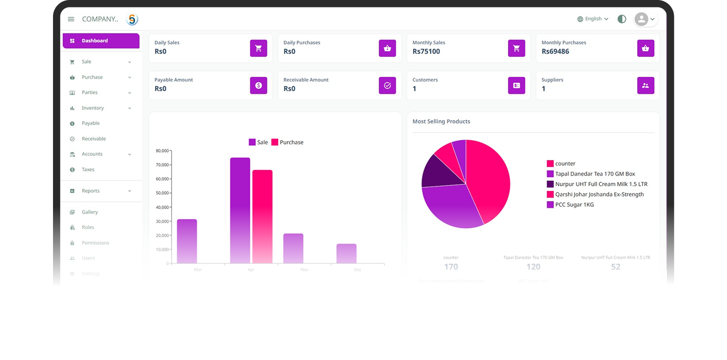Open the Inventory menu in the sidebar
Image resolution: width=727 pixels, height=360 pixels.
click(x=93, y=108)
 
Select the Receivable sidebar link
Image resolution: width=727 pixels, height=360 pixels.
click(x=94, y=139)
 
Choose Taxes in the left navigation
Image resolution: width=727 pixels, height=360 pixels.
click(x=88, y=170)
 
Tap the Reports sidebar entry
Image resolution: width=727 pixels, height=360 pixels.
click(x=91, y=191)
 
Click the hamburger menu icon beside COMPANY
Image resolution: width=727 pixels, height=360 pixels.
click(x=71, y=19)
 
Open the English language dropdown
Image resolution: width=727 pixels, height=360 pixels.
click(x=593, y=19)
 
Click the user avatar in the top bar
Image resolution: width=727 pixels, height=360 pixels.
click(x=641, y=19)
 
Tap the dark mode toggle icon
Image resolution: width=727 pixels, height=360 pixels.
click(x=622, y=19)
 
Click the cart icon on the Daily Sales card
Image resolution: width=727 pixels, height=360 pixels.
click(x=258, y=48)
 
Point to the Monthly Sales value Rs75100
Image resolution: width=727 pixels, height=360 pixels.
click(x=426, y=52)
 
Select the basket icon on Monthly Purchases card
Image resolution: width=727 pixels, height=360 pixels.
click(x=645, y=48)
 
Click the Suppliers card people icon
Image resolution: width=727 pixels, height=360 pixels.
click(x=645, y=86)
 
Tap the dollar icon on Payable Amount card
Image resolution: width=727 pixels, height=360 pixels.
click(x=258, y=86)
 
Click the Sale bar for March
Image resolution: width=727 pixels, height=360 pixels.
click(x=187, y=241)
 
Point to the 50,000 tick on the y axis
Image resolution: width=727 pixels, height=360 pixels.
click(x=162, y=193)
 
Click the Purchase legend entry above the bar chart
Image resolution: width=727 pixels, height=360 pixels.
click(x=287, y=142)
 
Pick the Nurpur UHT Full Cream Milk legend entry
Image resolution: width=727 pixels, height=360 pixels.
click(x=601, y=184)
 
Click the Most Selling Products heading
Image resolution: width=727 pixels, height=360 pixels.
click(x=441, y=122)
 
